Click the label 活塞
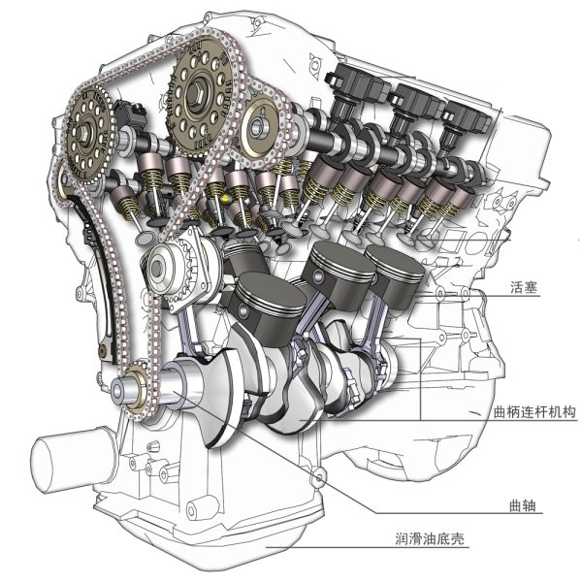pyautogui.click(x=524, y=287)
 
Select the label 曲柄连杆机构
pyautogui.click(x=534, y=412)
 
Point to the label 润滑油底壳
pyautogui.click(x=430, y=538)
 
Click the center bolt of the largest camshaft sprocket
pyautogui.click(x=196, y=93)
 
